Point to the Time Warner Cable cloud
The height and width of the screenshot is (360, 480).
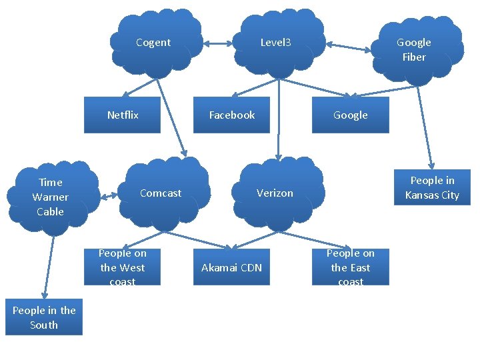pyautogui.click(x=51, y=197)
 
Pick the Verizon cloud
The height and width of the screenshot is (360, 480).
pyautogui.click(x=275, y=193)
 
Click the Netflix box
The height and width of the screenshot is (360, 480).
pyautogui.click(x=123, y=115)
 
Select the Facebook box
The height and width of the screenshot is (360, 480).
pyautogui.click(x=232, y=115)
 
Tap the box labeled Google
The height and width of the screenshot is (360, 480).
pyautogui.click(x=351, y=115)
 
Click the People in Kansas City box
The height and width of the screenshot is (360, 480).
pyautogui.click(x=432, y=188)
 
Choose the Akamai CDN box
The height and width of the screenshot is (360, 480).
pyautogui.click(x=232, y=267)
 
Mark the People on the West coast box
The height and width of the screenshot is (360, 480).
pyautogui.click(x=123, y=267)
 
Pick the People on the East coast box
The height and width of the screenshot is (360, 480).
pyautogui.click(x=351, y=267)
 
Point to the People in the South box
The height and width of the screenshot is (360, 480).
pyautogui.click(x=44, y=317)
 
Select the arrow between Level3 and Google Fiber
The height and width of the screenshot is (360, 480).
pyautogui.click(x=349, y=47)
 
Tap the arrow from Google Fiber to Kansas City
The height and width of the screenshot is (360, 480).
pyautogui.click(x=425, y=127)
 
